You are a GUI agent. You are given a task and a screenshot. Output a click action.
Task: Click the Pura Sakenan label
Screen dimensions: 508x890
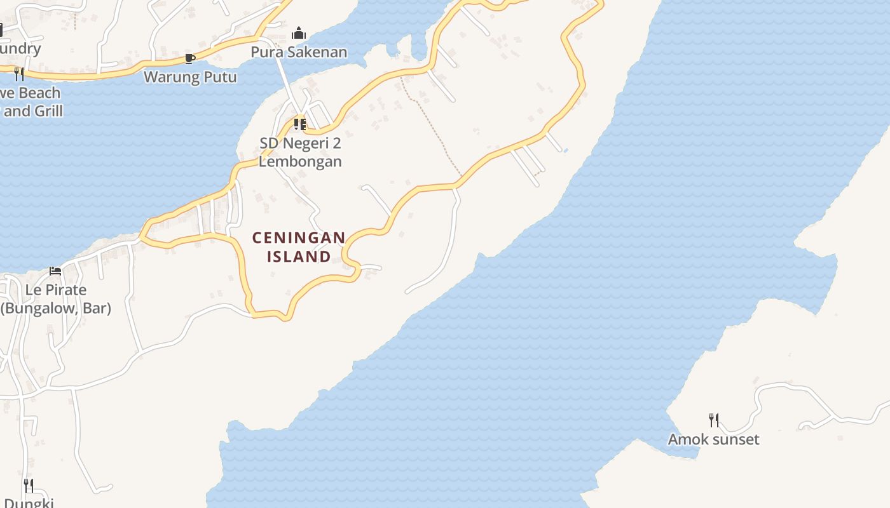tap(299, 52)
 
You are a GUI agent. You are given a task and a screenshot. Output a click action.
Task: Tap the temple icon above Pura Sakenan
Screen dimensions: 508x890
tap(299, 34)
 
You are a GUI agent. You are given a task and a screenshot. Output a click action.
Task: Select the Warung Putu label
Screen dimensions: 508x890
tap(190, 77)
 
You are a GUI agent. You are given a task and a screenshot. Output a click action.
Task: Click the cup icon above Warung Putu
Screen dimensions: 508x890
tap(189, 59)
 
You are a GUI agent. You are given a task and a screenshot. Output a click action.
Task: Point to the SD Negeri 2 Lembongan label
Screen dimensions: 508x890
tap(300, 152)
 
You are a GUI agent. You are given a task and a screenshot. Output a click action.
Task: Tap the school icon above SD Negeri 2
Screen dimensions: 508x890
tap(300, 124)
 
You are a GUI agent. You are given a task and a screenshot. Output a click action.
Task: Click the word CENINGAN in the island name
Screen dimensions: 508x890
tap(299, 238)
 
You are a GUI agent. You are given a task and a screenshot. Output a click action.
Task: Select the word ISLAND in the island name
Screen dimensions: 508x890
tap(299, 257)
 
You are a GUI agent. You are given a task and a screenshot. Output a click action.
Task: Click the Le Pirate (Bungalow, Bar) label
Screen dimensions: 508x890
tap(55, 299)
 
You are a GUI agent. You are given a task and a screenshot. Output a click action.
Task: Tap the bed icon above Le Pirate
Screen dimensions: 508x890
tap(55, 271)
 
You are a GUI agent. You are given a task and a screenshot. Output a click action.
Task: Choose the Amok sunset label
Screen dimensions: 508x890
tap(713, 439)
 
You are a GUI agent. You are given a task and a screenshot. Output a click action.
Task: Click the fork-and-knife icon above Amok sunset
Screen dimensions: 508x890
tap(714, 420)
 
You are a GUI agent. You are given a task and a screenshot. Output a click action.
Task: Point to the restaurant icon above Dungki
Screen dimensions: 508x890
tap(29, 486)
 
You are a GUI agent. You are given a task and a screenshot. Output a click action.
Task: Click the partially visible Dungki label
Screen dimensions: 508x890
tap(28, 503)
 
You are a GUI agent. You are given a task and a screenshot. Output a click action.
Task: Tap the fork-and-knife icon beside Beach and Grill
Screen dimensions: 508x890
tap(19, 74)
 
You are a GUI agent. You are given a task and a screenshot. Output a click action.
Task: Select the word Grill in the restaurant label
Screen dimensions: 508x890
tap(48, 111)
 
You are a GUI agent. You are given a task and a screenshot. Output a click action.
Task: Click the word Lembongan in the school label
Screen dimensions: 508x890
tap(300, 161)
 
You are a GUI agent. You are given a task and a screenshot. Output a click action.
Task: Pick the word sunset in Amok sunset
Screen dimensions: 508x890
tap(735, 439)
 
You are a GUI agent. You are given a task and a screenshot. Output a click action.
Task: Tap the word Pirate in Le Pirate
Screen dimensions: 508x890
tap(64, 290)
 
